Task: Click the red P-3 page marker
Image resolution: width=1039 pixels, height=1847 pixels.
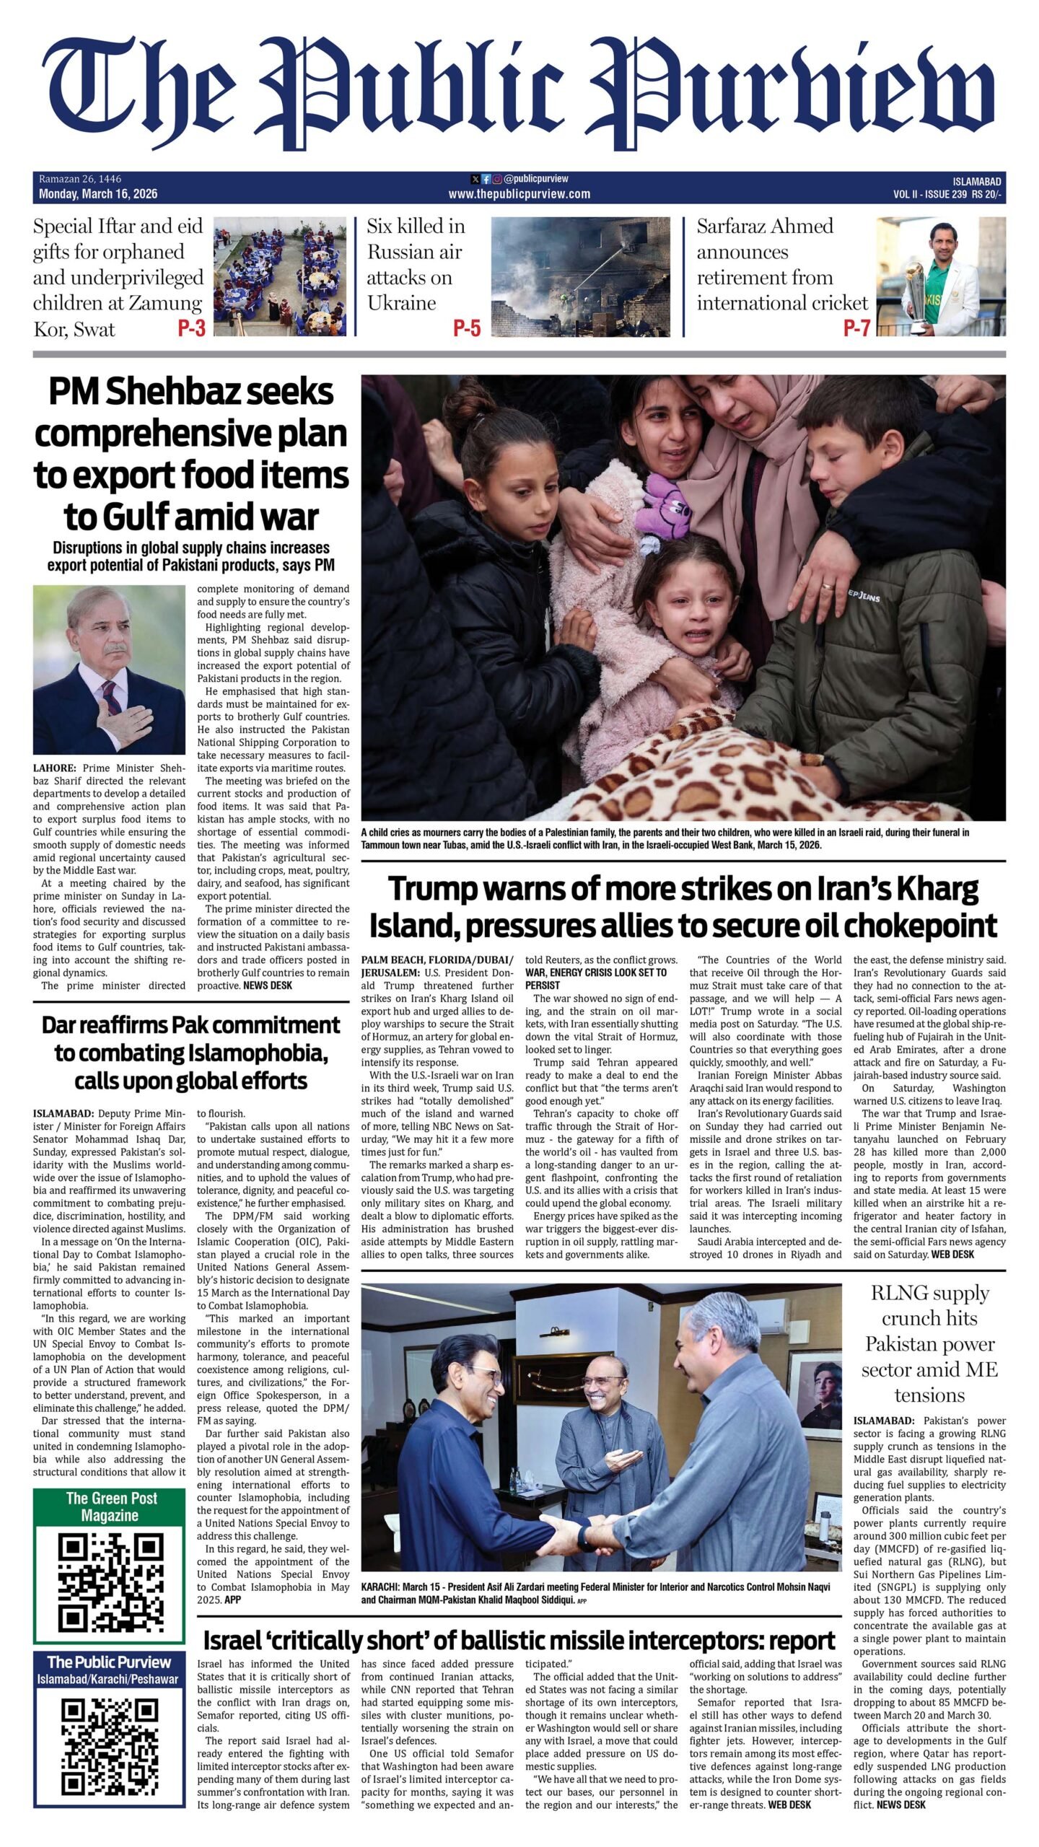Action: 191,328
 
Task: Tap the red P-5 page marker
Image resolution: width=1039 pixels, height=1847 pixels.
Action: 466,328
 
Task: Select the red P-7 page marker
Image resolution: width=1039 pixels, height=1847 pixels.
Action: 856,328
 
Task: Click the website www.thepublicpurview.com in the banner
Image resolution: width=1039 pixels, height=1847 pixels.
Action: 519,193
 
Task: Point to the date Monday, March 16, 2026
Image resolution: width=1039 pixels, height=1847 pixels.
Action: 98,193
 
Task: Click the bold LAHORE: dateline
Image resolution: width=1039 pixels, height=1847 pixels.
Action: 54,768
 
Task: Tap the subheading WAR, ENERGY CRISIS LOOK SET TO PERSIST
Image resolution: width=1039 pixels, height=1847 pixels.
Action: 595,978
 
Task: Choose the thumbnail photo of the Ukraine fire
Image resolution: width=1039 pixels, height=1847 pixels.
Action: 579,277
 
